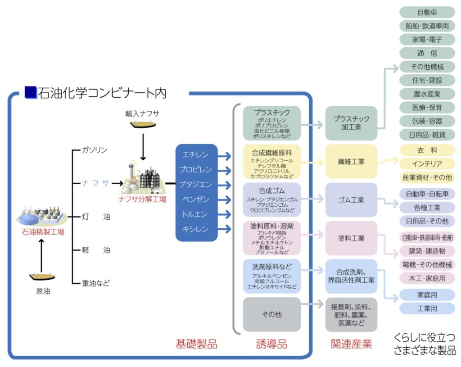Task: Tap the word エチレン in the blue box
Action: point(195,155)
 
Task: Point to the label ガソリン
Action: point(95,150)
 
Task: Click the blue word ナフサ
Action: point(95,183)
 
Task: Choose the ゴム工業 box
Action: point(351,200)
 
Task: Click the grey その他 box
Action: point(271,314)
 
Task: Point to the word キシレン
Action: point(195,229)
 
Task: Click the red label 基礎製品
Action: point(196,344)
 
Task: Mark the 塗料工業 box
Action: point(351,238)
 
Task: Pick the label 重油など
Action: point(96,283)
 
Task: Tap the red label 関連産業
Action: point(351,344)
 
